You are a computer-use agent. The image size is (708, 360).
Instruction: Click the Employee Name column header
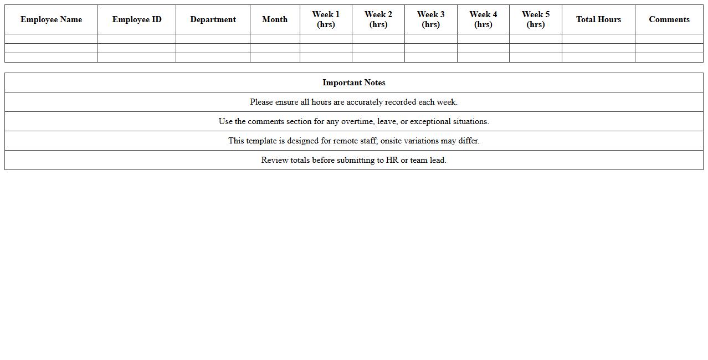coord(51,19)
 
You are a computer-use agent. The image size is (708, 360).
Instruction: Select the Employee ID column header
coord(137,19)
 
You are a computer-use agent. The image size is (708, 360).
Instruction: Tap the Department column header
coord(213,19)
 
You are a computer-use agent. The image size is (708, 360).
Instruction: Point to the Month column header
coord(275,19)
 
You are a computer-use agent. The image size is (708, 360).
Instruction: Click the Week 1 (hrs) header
coord(326,19)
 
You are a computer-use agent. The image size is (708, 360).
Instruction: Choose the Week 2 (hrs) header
coord(378,19)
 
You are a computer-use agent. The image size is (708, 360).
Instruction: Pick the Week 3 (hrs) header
coord(430,19)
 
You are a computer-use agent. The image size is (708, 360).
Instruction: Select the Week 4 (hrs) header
coord(483,19)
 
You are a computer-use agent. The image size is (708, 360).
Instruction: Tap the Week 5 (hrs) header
coord(536,19)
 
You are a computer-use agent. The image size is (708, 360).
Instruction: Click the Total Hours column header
coord(598,19)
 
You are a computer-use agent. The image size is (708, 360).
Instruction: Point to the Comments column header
coord(669,19)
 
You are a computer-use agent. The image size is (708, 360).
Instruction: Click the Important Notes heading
coord(354,83)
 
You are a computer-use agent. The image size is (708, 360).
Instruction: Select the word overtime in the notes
coord(357,121)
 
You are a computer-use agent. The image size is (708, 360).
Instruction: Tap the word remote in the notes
coord(346,141)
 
